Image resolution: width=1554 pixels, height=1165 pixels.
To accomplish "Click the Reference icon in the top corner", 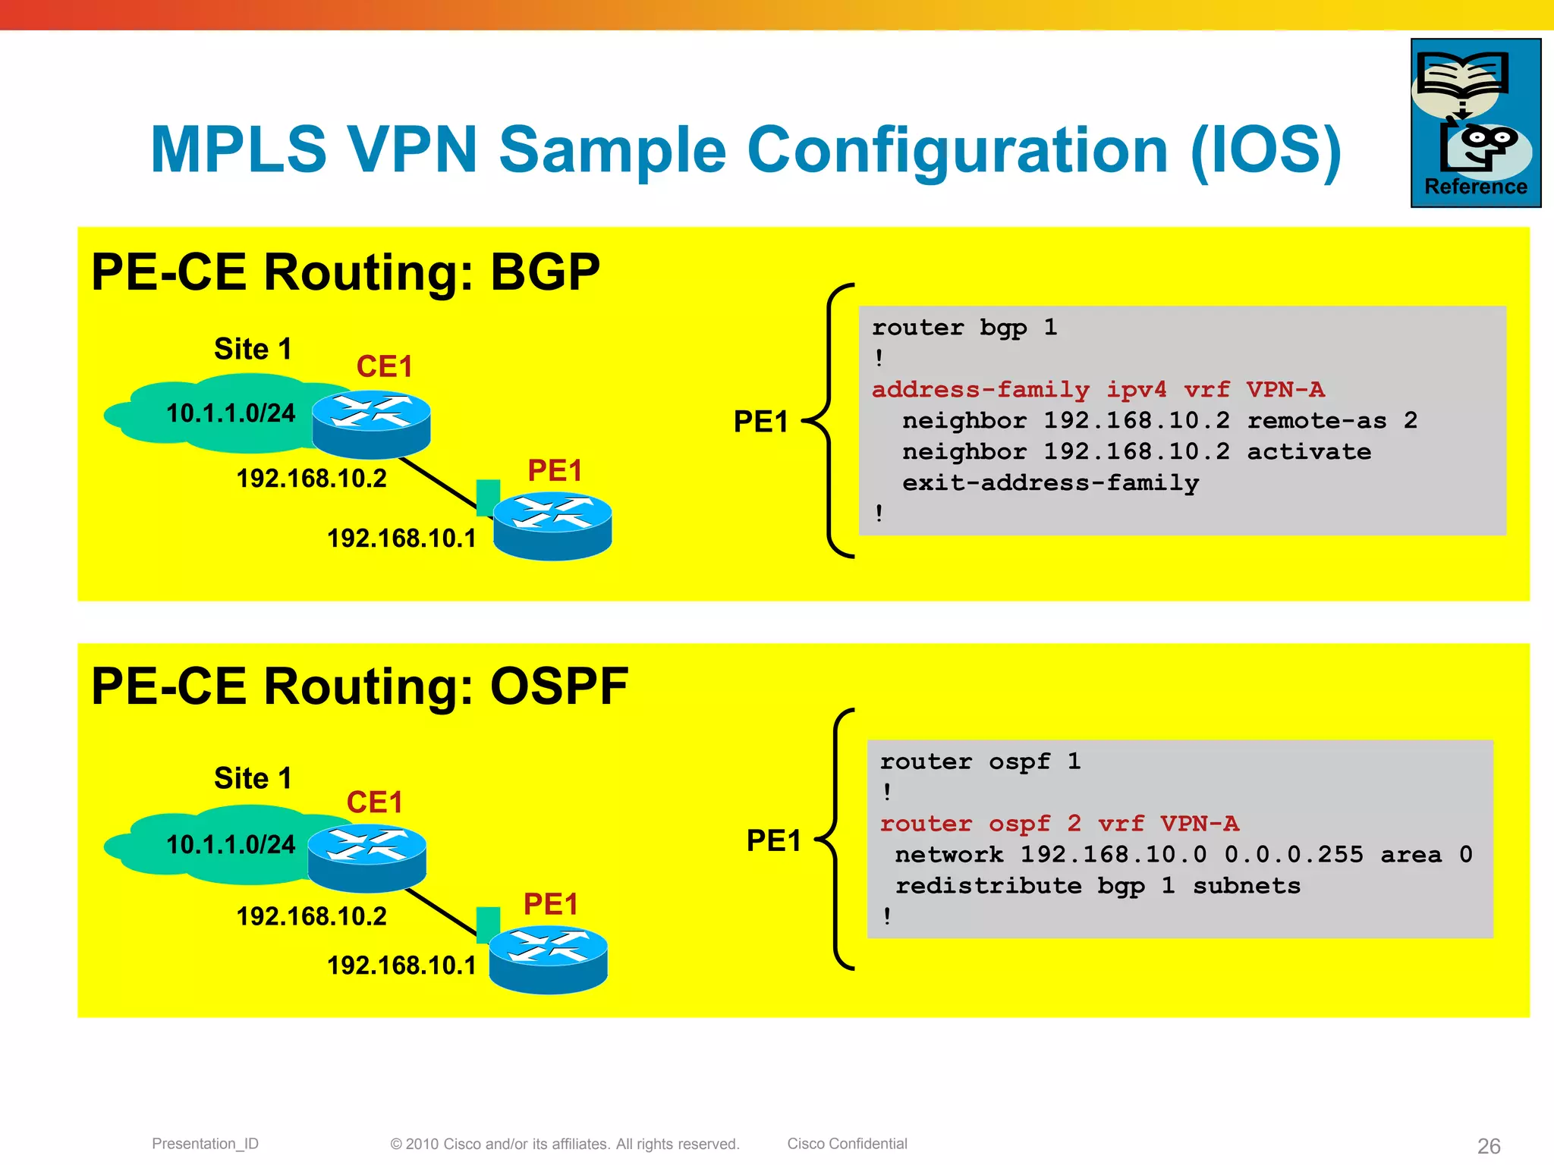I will pyautogui.click(x=1475, y=123).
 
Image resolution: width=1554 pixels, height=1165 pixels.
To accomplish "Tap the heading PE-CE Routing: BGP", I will pyautogui.click(x=345, y=272).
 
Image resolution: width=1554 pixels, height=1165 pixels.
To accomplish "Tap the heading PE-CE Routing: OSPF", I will pyautogui.click(x=360, y=686).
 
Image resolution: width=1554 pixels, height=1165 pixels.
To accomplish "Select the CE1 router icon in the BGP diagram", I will pyautogui.click(x=371, y=425).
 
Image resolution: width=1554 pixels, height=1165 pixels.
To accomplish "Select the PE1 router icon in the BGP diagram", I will pyautogui.click(x=552, y=526).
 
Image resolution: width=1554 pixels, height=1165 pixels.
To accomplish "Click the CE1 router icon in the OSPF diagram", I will pyautogui.click(x=367, y=858).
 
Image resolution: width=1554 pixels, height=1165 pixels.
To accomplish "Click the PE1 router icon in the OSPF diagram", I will pyautogui.click(x=548, y=959).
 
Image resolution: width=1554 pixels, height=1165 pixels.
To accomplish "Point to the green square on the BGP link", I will pyautogui.click(x=488, y=497).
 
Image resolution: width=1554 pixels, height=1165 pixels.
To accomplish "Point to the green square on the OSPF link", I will pyautogui.click(x=488, y=925).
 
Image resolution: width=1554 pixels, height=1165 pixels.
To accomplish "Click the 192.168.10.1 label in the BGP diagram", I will pyautogui.click(x=401, y=539).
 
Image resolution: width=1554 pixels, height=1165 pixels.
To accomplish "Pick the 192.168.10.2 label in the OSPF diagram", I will pyautogui.click(x=311, y=916).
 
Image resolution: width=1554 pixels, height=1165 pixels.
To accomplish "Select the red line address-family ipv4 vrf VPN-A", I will pyautogui.click(x=1098, y=390).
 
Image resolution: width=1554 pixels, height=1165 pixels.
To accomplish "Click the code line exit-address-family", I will pyautogui.click(x=1050, y=483).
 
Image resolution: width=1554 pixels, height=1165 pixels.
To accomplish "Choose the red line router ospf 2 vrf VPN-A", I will pyautogui.click(x=1059, y=824).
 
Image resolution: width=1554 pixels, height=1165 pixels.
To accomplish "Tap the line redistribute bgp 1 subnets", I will pyautogui.click(x=1097, y=886).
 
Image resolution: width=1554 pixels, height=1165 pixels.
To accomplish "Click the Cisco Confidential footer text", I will pyautogui.click(x=847, y=1144).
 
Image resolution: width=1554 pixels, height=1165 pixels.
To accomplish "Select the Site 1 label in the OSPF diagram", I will pyautogui.click(x=253, y=778).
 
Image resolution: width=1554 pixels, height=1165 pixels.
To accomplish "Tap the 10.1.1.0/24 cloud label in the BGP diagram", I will pyautogui.click(x=231, y=413).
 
